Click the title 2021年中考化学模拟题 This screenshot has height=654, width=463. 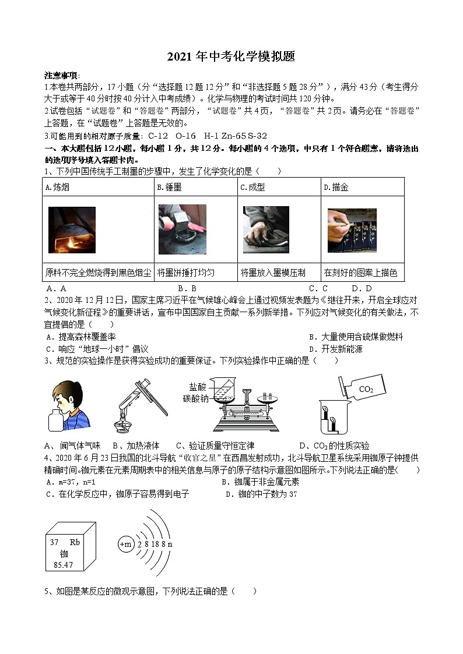click(231, 56)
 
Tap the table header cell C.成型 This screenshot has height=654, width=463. click(252, 188)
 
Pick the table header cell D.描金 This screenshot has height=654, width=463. click(336, 188)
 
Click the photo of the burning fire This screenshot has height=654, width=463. click(72, 230)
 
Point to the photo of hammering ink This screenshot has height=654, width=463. click(182, 229)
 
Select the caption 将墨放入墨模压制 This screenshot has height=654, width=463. click(272, 273)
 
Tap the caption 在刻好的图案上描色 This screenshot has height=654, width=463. click(360, 273)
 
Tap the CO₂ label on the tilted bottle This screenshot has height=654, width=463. click(366, 389)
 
